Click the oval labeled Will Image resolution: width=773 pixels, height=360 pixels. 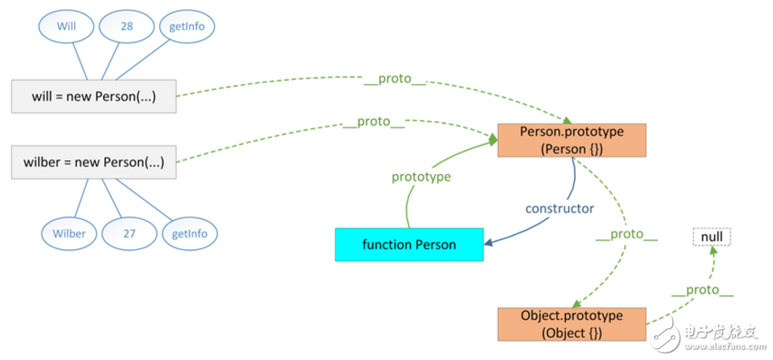[66, 27]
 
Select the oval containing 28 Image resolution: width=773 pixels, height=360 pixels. [127, 27]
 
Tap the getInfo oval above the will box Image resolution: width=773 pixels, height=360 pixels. [187, 27]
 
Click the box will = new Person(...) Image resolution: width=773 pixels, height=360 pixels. [94, 97]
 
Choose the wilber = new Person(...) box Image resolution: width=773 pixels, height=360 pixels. [94, 162]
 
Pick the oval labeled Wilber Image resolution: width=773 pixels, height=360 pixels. [69, 233]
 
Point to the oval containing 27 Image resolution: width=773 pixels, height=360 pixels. [129, 233]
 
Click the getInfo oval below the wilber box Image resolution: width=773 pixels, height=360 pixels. [189, 233]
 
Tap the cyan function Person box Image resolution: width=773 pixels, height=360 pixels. [409, 244]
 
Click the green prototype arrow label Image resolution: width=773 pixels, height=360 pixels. [421, 177]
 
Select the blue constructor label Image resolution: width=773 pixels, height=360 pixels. [559, 207]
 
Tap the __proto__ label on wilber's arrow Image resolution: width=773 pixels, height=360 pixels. [374, 122]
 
